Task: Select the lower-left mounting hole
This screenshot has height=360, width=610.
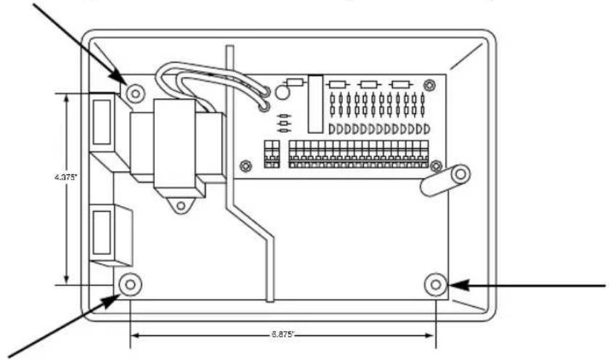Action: (x=129, y=284)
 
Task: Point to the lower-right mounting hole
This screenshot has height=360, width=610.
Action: (x=436, y=283)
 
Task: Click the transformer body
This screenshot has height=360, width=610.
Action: (x=176, y=142)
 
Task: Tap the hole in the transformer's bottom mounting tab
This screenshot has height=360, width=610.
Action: (x=178, y=205)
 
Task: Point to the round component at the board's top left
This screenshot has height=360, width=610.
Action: (x=282, y=92)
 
